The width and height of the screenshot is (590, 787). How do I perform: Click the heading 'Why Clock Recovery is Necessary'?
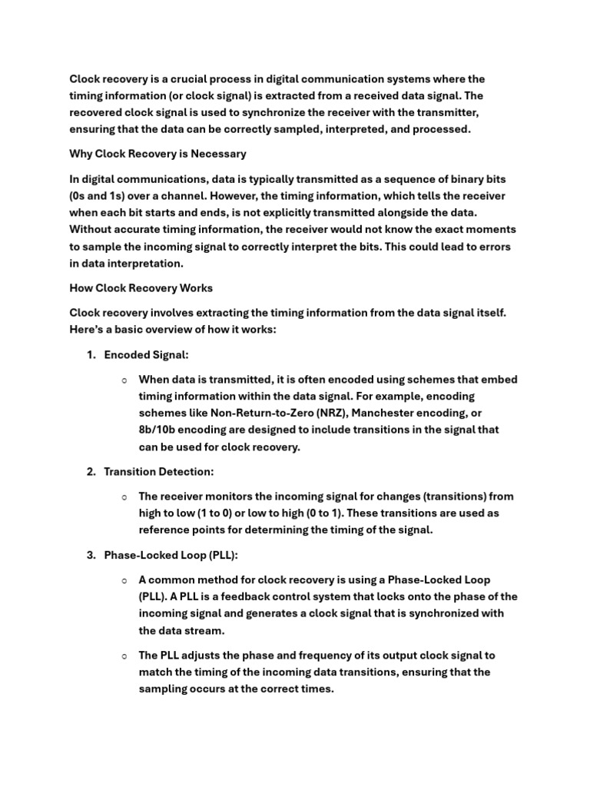coord(157,154)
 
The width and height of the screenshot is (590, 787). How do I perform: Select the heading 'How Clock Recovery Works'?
coord(141,288)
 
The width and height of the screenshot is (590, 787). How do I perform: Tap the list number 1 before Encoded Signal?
coord(91,355)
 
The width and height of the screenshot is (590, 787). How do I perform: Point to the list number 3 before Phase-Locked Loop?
coord(91,555)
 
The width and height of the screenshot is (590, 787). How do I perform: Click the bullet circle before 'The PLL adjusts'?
coord(124,656)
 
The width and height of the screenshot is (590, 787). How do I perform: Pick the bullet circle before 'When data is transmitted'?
coord(124,380)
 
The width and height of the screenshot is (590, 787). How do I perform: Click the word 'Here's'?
coord(88,330)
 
